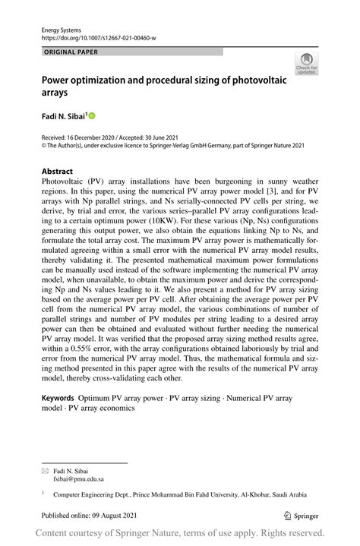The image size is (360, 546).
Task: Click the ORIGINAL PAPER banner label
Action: pyautogui.click(x=72, y=52)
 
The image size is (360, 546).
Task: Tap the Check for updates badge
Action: pyautogui.click(x=306, y=64)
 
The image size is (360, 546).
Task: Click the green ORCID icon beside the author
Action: pyautogui.click(x=93, y=116)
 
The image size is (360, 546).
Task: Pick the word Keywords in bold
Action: pyautogui.click(x=58, y=397)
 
